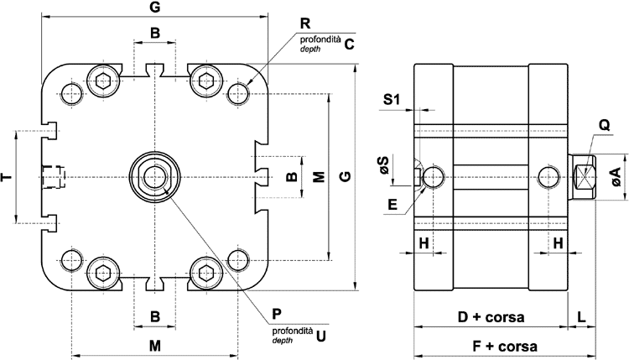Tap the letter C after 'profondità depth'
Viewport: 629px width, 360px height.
coord(350,44)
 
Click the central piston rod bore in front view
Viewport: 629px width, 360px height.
coord(154,176)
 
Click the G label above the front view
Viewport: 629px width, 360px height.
coord(154,8)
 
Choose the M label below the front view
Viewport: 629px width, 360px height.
coord(154,346)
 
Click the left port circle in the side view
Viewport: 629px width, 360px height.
coord(434,176)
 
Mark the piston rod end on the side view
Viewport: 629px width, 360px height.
coord(584,176)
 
